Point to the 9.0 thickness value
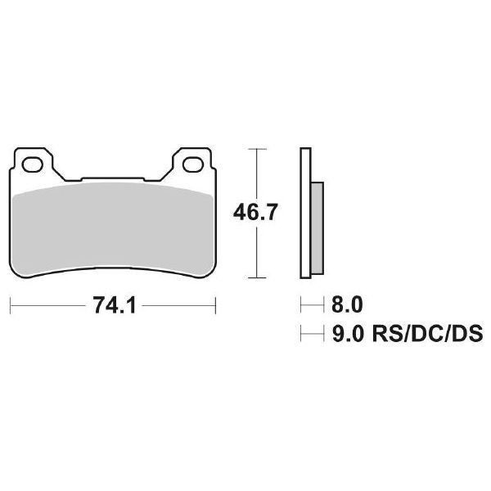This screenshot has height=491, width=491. coord(345,334)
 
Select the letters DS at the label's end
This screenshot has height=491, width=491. coord(467,334)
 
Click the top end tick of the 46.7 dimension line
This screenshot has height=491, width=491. coord(258,150)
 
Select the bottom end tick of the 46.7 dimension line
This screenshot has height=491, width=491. coord(258,279)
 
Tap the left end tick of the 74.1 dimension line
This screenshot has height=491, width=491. coord(10,307)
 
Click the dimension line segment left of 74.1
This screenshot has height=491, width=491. coord(45,307)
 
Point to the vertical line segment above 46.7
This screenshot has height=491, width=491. coord(258,173)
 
